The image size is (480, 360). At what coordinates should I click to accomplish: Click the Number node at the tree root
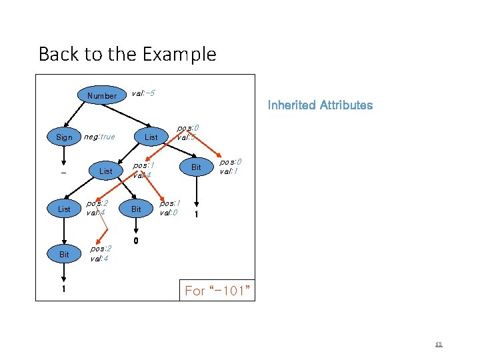coord(101,95)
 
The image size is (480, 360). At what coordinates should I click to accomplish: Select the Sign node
coord(64,137)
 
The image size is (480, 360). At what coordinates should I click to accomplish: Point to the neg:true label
coord(98,137)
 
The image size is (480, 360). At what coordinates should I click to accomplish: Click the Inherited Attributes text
coord(320,105)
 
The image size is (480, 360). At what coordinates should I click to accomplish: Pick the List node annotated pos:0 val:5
coord(151,137)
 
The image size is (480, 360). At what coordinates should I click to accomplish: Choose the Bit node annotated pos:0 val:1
coord(196,167)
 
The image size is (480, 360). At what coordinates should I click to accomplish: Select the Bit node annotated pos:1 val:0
coord(135,209)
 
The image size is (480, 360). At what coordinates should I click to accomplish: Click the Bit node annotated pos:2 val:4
coord(64,255)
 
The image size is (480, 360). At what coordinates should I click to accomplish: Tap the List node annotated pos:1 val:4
coord(105,171)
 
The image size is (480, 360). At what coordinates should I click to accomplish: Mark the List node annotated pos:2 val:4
coord(64,209)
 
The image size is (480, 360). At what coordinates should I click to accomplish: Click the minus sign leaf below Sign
coord(64,172)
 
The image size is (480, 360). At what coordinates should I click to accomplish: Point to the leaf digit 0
coord(135,241)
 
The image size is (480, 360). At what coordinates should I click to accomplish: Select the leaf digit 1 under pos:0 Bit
coord(196,215)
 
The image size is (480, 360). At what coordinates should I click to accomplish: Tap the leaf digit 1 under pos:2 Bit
coord(64,290)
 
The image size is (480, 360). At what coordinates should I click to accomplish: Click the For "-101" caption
coord(217,291)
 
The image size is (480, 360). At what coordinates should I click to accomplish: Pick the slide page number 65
coord(438,345)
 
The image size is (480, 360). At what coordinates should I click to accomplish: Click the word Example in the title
coord(181,54)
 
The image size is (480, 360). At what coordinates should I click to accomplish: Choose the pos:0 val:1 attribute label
coord(231,167)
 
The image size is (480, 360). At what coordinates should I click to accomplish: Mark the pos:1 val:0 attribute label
coord(169,207)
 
